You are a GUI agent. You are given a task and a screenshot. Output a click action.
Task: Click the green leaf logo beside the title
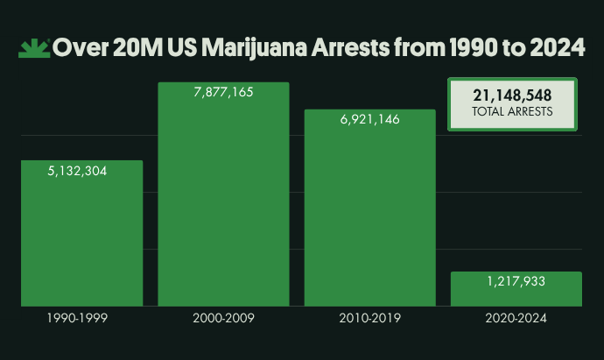pyautogui.click(x=33, y=47)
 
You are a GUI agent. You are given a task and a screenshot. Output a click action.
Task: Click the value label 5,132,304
pyautogui.click(x=77, y=172)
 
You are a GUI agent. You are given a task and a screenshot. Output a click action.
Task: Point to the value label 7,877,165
pyautogui.click(x=223, y=92)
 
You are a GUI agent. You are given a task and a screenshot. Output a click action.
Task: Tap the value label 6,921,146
pyautogui.click(x=369, y=119)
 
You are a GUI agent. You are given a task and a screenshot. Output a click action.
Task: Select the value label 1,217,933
pyautogui.click(x=516, y=282)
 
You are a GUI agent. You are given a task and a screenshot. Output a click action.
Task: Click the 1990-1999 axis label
pyautogui.click(x=77, y=319)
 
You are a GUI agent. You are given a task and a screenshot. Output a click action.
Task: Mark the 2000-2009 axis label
pyautogui.click(x=223, y=319)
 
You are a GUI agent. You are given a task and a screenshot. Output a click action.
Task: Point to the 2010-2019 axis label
pyautogui.click(x=369, y=319)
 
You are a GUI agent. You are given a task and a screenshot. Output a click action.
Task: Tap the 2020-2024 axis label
pyautogui.click(x=516, y=319)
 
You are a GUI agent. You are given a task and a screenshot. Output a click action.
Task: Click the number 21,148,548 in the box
pyautogui.click(x=512, y=95)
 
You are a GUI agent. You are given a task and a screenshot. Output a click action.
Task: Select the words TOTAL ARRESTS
pyautogui.click(x=512, y=112)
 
